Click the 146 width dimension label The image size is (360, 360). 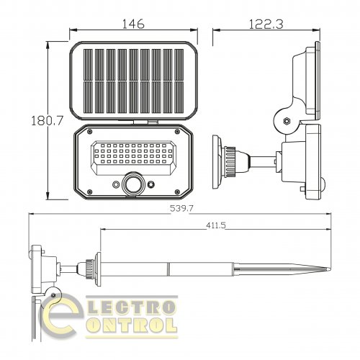pos(133,24)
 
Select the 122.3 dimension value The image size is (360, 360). pos(266,24)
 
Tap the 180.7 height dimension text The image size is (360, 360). pos(48,120)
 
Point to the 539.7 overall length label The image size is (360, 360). pos(181,208)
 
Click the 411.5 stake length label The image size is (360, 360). pos(216,225)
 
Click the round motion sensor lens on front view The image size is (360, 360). pos(132,184)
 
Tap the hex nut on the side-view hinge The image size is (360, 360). pos(287,120)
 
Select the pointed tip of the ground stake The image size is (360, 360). pos(330,269)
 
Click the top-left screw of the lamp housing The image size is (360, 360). pos(90,132)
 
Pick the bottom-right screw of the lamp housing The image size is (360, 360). pos(177,192)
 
